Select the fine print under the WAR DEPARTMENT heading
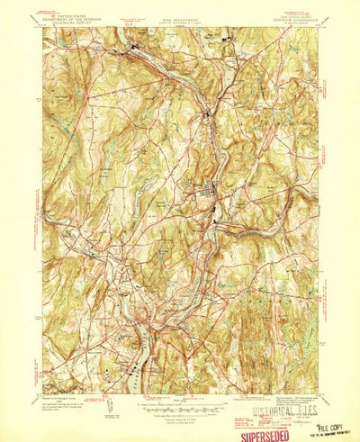pyautogui.click(x=180, y=16)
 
